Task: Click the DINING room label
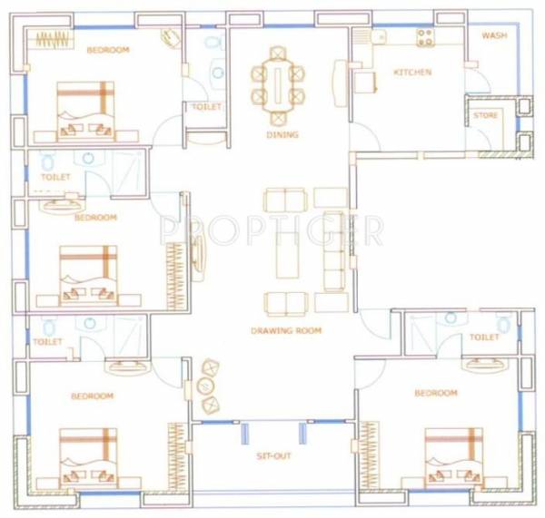point(282,135)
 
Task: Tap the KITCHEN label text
point(411,72)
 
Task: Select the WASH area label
point(494,36)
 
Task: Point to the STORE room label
point(485,115)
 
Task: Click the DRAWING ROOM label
point(286,331)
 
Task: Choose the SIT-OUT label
point(273,455)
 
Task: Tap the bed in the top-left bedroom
point(85,109)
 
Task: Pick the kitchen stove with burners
point(424,37)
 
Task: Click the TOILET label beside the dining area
point(206,107)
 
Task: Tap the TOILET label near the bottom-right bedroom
point(484,337)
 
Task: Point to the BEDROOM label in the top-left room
point(107,50)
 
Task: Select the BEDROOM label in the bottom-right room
point(435,393)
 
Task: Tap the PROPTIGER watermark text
point(272,230)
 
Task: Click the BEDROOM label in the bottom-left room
point(92,396)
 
